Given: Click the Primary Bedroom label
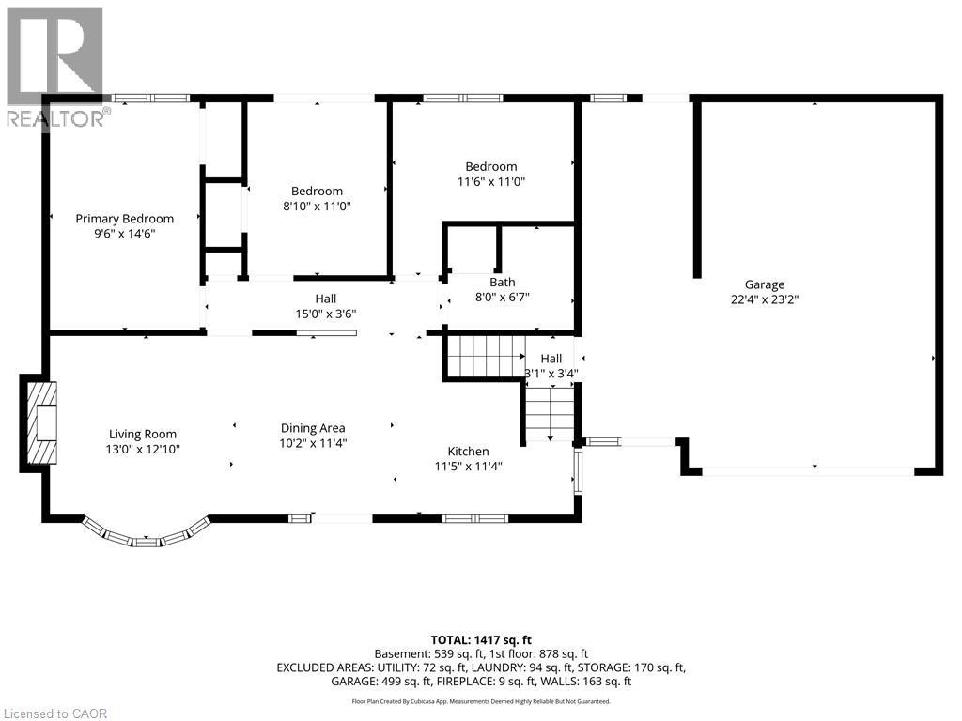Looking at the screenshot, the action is [x=125, y=219].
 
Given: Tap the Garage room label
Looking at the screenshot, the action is [x=765, y=284].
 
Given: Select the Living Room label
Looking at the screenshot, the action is [x=143, y=435].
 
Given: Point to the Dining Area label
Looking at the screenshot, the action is [x=313, y=428].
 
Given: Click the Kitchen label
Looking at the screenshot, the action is [x=468, y=452].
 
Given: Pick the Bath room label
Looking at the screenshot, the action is [x=503, y=283].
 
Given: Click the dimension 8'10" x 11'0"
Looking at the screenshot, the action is [x=317, y=206].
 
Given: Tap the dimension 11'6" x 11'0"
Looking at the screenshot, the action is [x=491, y=181].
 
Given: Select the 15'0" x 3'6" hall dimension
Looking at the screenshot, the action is [x=326, y=314].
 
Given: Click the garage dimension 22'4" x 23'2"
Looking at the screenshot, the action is [x=765, y=299].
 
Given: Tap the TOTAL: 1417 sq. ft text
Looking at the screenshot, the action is [x=481, y=641].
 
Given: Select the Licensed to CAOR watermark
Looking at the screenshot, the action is [x=54, y=713].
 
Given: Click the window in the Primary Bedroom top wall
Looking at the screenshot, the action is [x=151, y=98].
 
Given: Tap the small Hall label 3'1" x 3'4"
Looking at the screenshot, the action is [x=551, y=366].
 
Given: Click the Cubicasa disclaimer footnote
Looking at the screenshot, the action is [x=481, y=701].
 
